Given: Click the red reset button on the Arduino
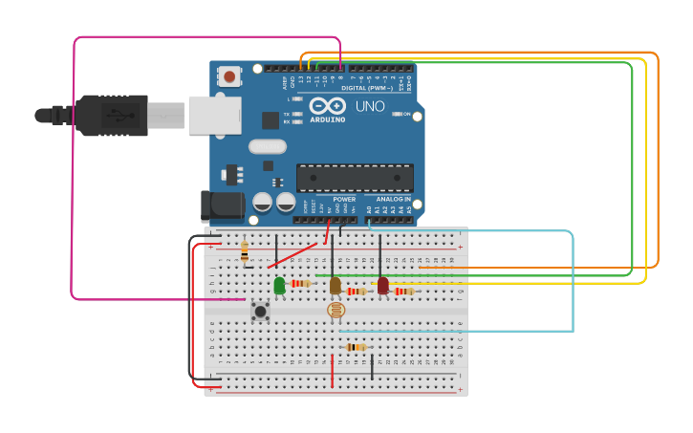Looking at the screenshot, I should [229, 76].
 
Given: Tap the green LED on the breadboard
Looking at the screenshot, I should [279, 285].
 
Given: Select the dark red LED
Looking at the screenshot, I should [383, 285].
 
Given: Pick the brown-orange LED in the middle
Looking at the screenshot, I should [335, 285].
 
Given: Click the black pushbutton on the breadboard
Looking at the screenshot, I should [260, 311].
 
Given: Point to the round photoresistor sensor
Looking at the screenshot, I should [336, 310].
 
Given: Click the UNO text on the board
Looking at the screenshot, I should [370, 106].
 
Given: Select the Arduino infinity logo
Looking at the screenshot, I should [327, 105].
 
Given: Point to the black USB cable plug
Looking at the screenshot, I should [111, 116].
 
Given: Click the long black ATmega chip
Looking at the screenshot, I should [355, 178].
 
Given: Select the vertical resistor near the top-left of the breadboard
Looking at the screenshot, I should [245, 251].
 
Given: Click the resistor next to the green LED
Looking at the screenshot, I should [302, 283].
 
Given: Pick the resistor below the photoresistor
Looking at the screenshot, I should [356, 347].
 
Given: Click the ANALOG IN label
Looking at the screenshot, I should [392, 200].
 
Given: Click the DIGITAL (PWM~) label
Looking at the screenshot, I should [366, 88].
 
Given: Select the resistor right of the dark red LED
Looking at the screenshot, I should [403, 291].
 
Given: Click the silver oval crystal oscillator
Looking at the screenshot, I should [268, 146].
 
